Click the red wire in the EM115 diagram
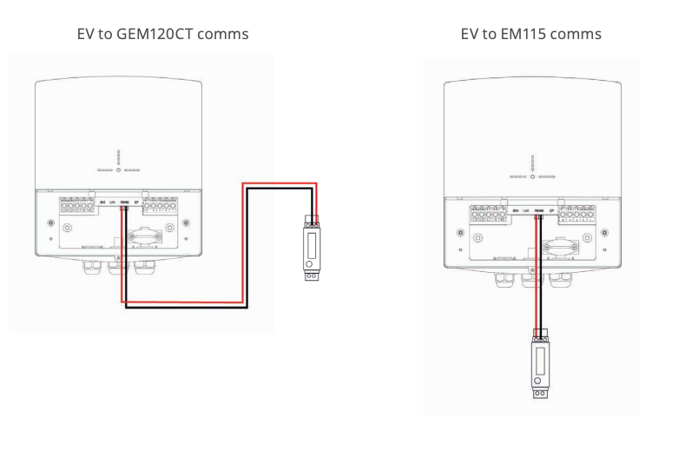pyautogui.click(x=537, y=278)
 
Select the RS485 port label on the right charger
pyautogui.click(x=539, y=209)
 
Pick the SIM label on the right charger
pyautogui.click(x=516, y=209)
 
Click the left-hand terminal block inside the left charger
pyautogui.click(x=76, y=207)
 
